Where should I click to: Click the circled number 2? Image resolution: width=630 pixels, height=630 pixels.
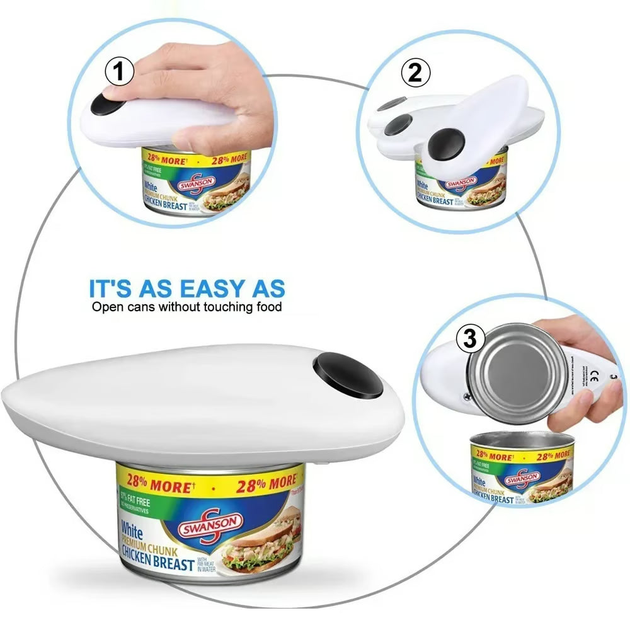click(416, 74)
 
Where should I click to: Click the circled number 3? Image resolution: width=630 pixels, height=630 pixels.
click(470, 340)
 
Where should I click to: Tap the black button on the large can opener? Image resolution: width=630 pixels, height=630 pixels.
click(348, 376)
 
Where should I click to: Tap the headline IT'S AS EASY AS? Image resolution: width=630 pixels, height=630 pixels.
click(187, 289)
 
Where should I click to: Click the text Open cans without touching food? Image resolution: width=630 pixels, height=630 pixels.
click(187, 307)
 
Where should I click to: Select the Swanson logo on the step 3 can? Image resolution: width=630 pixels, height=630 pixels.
click(522, 481)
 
